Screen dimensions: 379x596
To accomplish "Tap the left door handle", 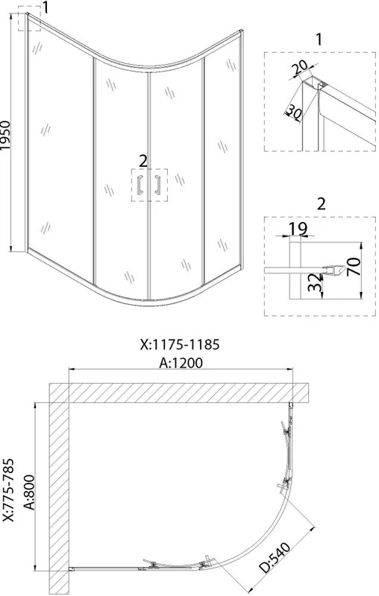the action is (140, 185).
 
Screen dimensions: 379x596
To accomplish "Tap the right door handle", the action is (157, 185).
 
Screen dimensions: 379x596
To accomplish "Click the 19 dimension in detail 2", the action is (298, 229).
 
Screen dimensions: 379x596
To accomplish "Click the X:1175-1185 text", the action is (180, 344).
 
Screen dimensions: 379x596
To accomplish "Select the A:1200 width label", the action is (181, 363).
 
